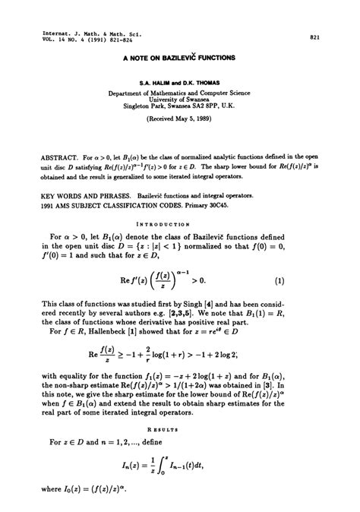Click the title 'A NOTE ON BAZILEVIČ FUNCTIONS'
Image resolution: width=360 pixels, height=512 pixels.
click(x=180, y=57)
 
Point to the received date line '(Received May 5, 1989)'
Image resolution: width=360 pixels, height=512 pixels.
click(x=180, y=120)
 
